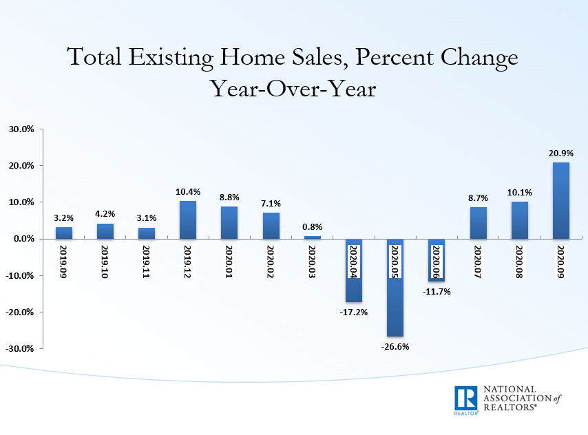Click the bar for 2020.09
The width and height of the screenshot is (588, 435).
coord(561,200)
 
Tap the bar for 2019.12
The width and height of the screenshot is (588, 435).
coord(188,220)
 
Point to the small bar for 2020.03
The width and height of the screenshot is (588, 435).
coord(313,237)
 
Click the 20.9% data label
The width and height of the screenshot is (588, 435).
coord(560,153)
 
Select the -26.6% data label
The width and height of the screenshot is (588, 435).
coord(395,346)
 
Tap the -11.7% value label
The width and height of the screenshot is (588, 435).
coord(437,292)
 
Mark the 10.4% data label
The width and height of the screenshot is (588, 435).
coord(188,191)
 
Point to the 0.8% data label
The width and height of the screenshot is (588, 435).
coord(313,226)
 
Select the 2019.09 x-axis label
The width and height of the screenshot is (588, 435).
coord(64,261)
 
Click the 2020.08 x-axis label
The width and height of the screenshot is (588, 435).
coord(520,261)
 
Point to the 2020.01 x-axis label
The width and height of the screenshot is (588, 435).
coord(229,261)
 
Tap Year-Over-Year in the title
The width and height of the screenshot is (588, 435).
coord(293,89)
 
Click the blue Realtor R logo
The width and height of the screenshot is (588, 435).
coord(466,399)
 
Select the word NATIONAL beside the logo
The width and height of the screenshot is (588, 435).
coord(513,390)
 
